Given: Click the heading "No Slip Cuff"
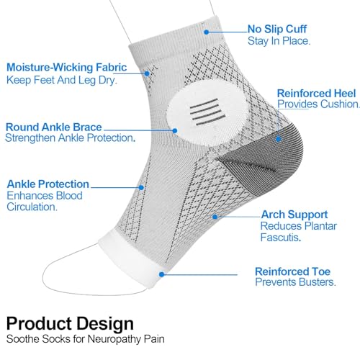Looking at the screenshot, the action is (277, 30).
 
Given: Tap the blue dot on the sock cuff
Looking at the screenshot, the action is (207, 32).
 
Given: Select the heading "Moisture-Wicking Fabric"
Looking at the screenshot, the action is (66, 68).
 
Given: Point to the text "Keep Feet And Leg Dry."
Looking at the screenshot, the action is (62, 80).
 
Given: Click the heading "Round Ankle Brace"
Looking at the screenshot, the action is (54, 127).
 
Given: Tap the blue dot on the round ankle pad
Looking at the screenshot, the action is (175, 131).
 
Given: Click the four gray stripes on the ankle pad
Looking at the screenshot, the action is (207, 112).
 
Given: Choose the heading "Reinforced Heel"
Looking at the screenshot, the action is (316, 94).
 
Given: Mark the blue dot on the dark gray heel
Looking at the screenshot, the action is (279, 139).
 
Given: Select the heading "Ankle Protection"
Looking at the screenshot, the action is (48, 184).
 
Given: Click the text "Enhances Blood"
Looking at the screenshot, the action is (45, 196).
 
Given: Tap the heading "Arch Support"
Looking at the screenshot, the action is (294, 215).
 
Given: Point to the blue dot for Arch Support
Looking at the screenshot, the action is (215, 217).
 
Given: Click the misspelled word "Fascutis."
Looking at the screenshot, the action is (281, 238).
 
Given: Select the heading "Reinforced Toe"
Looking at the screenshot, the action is (293, 271).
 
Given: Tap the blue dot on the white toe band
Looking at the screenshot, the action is (162, 274).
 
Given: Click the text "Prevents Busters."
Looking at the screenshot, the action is (295, 282).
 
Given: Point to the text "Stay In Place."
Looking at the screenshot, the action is (279, 41).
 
